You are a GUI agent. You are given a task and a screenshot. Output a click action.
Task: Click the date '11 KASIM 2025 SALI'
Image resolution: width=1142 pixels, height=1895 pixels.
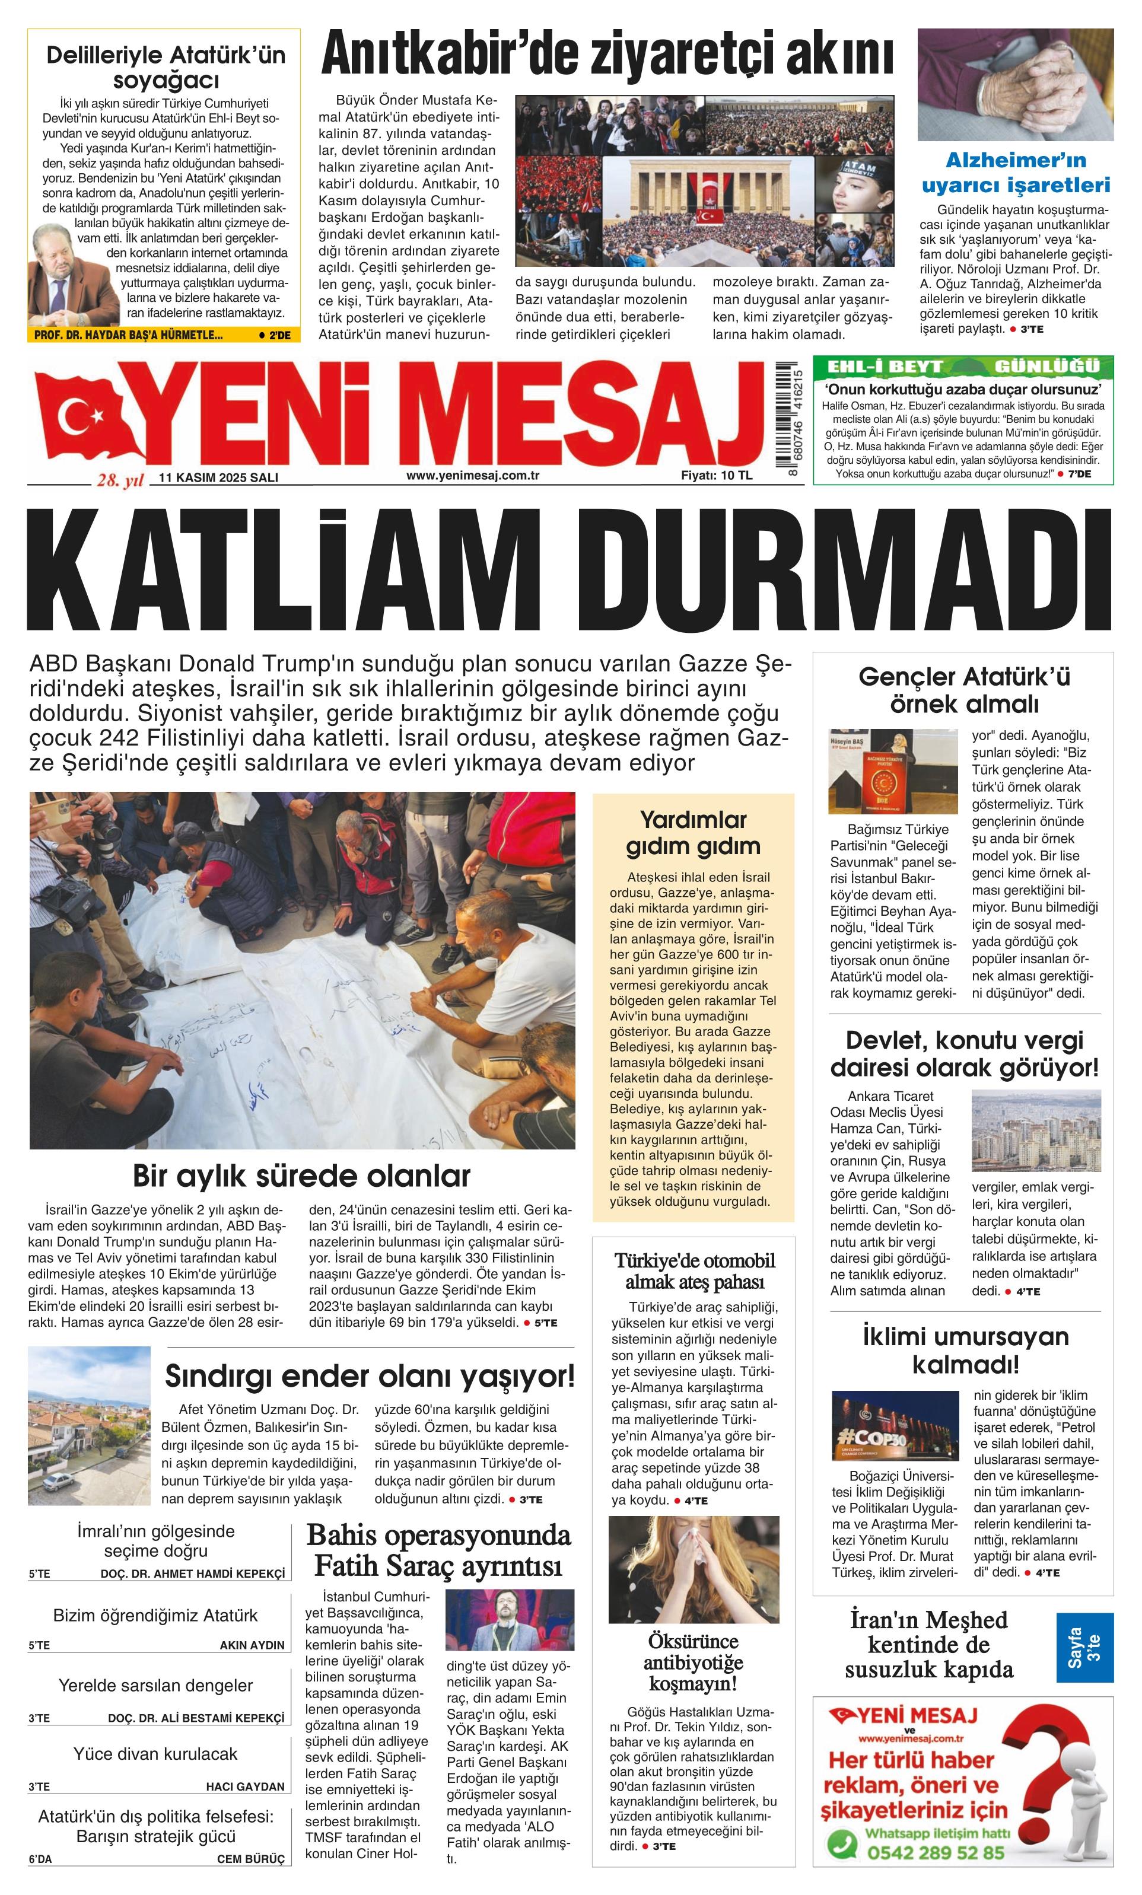tap(218, 477)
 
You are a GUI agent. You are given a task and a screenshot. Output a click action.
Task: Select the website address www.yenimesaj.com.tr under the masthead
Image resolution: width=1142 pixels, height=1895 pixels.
tap(472, 475)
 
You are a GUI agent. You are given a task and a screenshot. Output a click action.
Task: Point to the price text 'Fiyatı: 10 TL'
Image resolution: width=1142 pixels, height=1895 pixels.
tap(716, 475)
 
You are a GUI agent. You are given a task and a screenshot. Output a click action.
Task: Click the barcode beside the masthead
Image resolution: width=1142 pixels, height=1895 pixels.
tap(787, 419)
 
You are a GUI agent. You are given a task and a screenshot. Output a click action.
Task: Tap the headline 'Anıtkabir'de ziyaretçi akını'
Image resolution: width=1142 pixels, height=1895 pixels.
tap(607, 55)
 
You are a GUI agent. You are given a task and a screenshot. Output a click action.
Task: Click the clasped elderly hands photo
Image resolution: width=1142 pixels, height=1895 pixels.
tap(1015, 85)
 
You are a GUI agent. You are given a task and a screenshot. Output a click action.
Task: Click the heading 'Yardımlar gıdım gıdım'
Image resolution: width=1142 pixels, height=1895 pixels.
tap(693, 833)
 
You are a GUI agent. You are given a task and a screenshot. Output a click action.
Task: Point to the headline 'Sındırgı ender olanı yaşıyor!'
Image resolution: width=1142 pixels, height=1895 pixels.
tap(369, 1377)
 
